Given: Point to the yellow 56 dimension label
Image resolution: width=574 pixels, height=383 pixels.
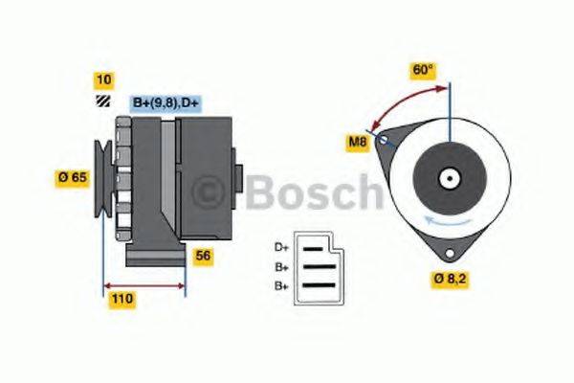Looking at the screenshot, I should pos(202,256).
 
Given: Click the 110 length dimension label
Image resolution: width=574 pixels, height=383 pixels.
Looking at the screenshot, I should pos(121,299).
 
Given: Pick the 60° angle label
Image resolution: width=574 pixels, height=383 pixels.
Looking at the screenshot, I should pos(423,70).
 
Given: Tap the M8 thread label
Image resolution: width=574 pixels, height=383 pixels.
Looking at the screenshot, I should pos(357,144).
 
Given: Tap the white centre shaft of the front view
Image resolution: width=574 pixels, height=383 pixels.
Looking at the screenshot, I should pos(447,178).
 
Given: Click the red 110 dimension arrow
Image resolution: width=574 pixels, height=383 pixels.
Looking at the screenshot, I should pos(143,285).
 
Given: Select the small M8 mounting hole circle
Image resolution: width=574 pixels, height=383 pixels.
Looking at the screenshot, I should pos(385,141).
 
